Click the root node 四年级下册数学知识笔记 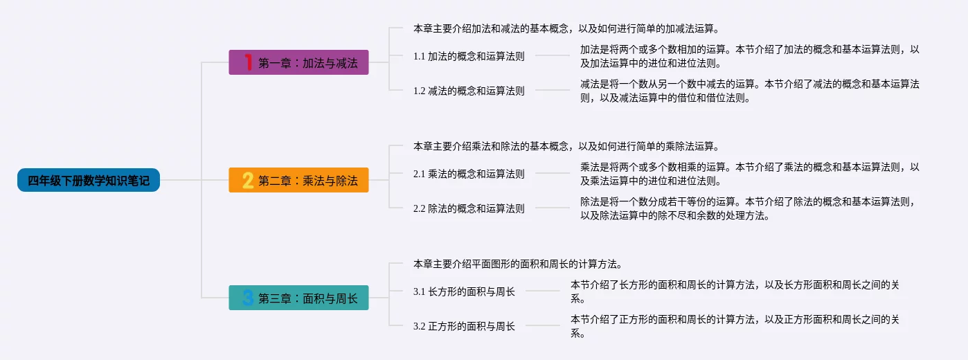tap(89, 181)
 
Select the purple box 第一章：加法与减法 tap(298, 63)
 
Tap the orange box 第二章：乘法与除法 tap(298, 181)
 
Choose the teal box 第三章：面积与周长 tap(298, 298)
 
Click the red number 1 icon tap(247, 63)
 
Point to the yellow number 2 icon tap(247, 181)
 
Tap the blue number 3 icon tap(247, 298)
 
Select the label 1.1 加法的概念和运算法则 tap(469, 56)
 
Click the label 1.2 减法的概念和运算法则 tap(469, 91)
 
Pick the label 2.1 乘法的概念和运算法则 tap(469, 174)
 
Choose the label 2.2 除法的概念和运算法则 tap(469, 208)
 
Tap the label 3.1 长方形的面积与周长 tap(464, 291)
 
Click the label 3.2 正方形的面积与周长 tap(464, 326)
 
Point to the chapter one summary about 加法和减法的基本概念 tap(566, 29)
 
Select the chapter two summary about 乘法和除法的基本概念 tap(566, 147)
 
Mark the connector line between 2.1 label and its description tap(552, 174)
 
